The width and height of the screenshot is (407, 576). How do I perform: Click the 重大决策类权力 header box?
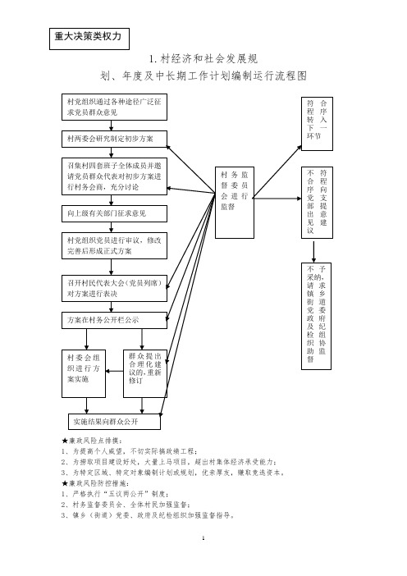tap(89, 39)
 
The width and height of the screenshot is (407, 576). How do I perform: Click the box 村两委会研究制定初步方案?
tap(114, 139)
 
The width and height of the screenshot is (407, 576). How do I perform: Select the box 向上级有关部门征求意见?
tap(114, 213)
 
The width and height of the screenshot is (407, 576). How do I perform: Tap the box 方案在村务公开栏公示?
tap(114, 320)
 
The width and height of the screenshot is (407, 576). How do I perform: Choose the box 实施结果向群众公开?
tap(114, 422)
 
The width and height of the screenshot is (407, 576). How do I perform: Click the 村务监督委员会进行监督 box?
tap(235, 203)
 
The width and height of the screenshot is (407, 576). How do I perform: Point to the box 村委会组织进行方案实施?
tap(84, 373)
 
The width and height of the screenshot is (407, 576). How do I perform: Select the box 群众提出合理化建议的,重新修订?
tap(145, 373)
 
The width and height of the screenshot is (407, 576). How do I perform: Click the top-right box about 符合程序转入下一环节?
tap(317, 124)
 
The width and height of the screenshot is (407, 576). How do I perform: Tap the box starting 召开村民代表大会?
tap(114, 288)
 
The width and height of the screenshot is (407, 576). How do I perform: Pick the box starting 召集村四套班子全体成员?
tap(114, 176)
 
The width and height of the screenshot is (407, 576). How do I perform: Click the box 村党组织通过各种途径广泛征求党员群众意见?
tap(114, 107)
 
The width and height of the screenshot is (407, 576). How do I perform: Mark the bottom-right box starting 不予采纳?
tap(316, 316)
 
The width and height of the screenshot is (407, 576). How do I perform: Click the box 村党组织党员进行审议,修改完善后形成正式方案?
tap(114, 246)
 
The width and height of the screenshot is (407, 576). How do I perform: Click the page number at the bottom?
tap(203, 538)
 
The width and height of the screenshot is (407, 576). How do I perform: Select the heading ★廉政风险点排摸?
tap(92, 441)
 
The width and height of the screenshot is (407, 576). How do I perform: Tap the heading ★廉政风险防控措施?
tap(95, 483)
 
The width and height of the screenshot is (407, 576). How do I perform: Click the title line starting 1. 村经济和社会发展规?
tap(203, 58)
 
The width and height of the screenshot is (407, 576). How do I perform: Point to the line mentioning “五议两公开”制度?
tap(116, 494)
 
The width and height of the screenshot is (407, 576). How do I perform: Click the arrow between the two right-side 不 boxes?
tap(313, 252)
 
